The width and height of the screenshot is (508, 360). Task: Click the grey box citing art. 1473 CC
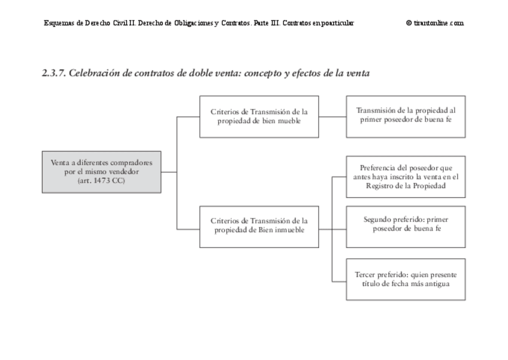101,172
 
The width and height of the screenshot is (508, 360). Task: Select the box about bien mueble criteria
259,116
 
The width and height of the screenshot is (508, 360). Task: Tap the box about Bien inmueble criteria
259,226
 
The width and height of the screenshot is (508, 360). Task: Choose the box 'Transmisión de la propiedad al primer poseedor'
406,116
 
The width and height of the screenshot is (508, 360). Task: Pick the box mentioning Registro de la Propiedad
406,177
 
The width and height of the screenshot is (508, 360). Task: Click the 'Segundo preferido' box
406,226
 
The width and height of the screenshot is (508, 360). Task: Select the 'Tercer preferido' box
406,279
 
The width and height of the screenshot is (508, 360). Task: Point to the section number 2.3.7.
54,74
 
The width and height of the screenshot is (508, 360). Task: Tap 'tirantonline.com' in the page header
438,23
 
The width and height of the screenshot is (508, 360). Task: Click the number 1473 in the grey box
102,180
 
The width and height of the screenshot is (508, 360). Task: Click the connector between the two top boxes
332,116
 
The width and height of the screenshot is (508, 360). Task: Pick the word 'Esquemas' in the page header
59,23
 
